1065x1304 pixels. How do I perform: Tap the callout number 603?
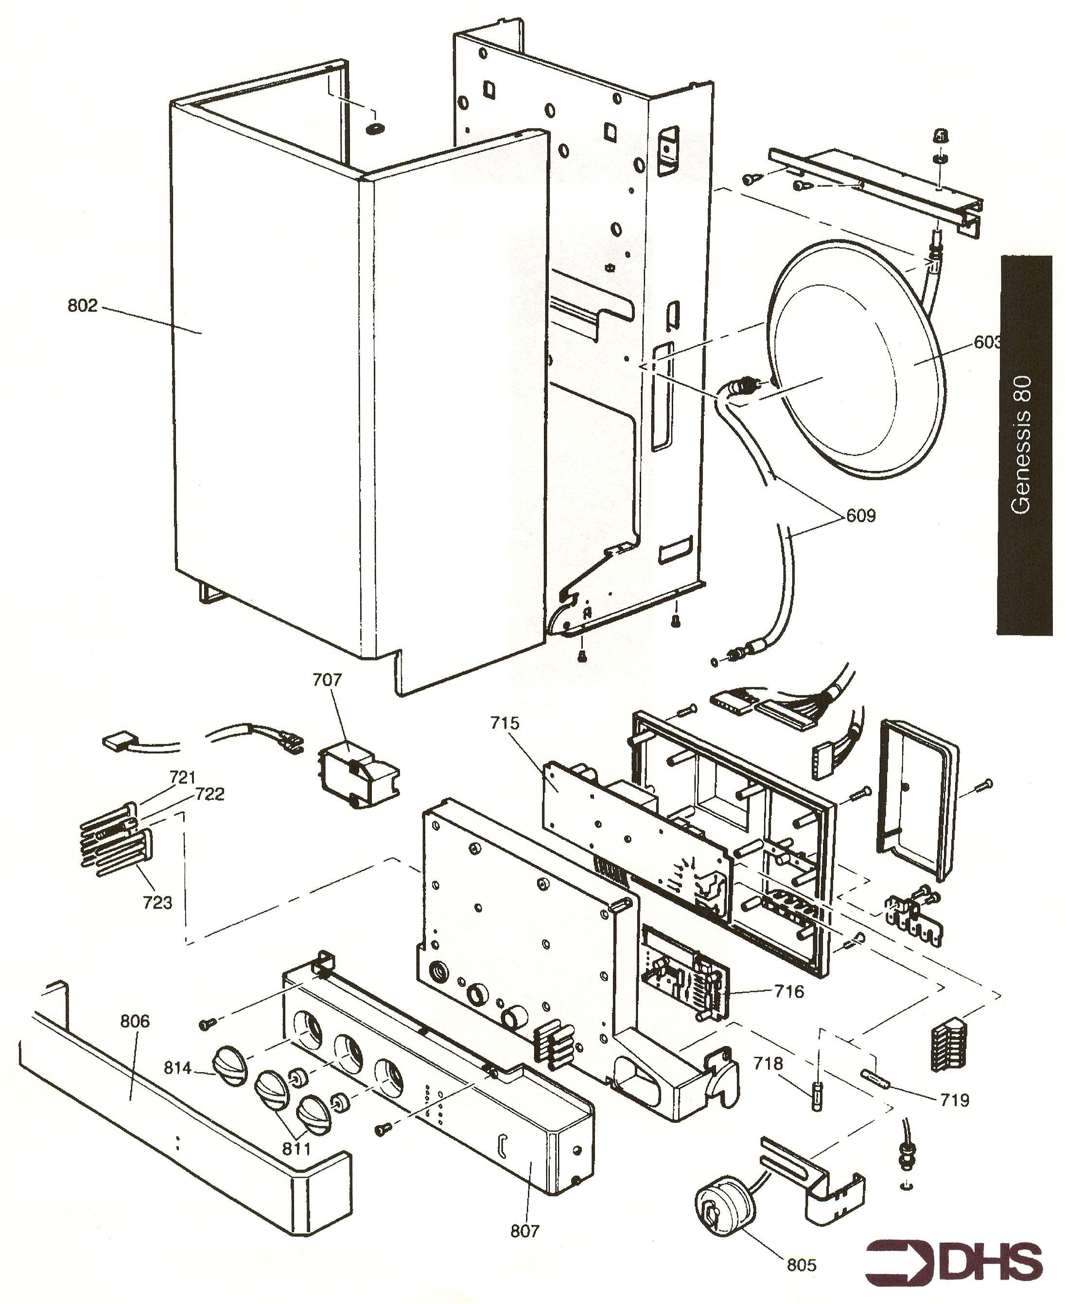(986, 342)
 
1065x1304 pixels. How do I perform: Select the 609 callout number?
(861, 516)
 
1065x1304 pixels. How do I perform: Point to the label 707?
(327, 679)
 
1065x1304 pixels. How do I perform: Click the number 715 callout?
(504, 723)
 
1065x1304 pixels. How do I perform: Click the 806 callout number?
(134, 1021)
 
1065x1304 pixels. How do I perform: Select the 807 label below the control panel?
(524, 1231)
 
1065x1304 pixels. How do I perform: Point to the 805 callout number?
(802, 1265)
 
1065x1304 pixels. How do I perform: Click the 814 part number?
(178, 1068)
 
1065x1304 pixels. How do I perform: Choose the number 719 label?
(955, 1100)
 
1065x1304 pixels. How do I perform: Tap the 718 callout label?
(768, 1063)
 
